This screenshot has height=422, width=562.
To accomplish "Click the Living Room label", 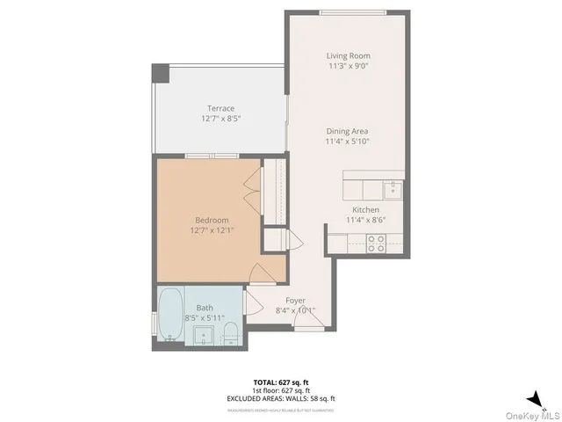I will tap(348, 55).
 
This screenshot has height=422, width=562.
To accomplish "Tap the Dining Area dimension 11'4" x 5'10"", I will tap(347, 141).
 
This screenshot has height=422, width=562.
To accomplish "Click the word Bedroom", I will tap(212, 220).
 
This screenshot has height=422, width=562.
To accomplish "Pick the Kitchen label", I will tap(365, 210).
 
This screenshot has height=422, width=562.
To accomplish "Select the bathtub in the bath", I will tap(169, 317).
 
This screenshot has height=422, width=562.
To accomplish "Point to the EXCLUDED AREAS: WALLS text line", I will tap(280, 398).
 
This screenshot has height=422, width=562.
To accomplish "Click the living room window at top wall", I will tap(352, 11).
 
